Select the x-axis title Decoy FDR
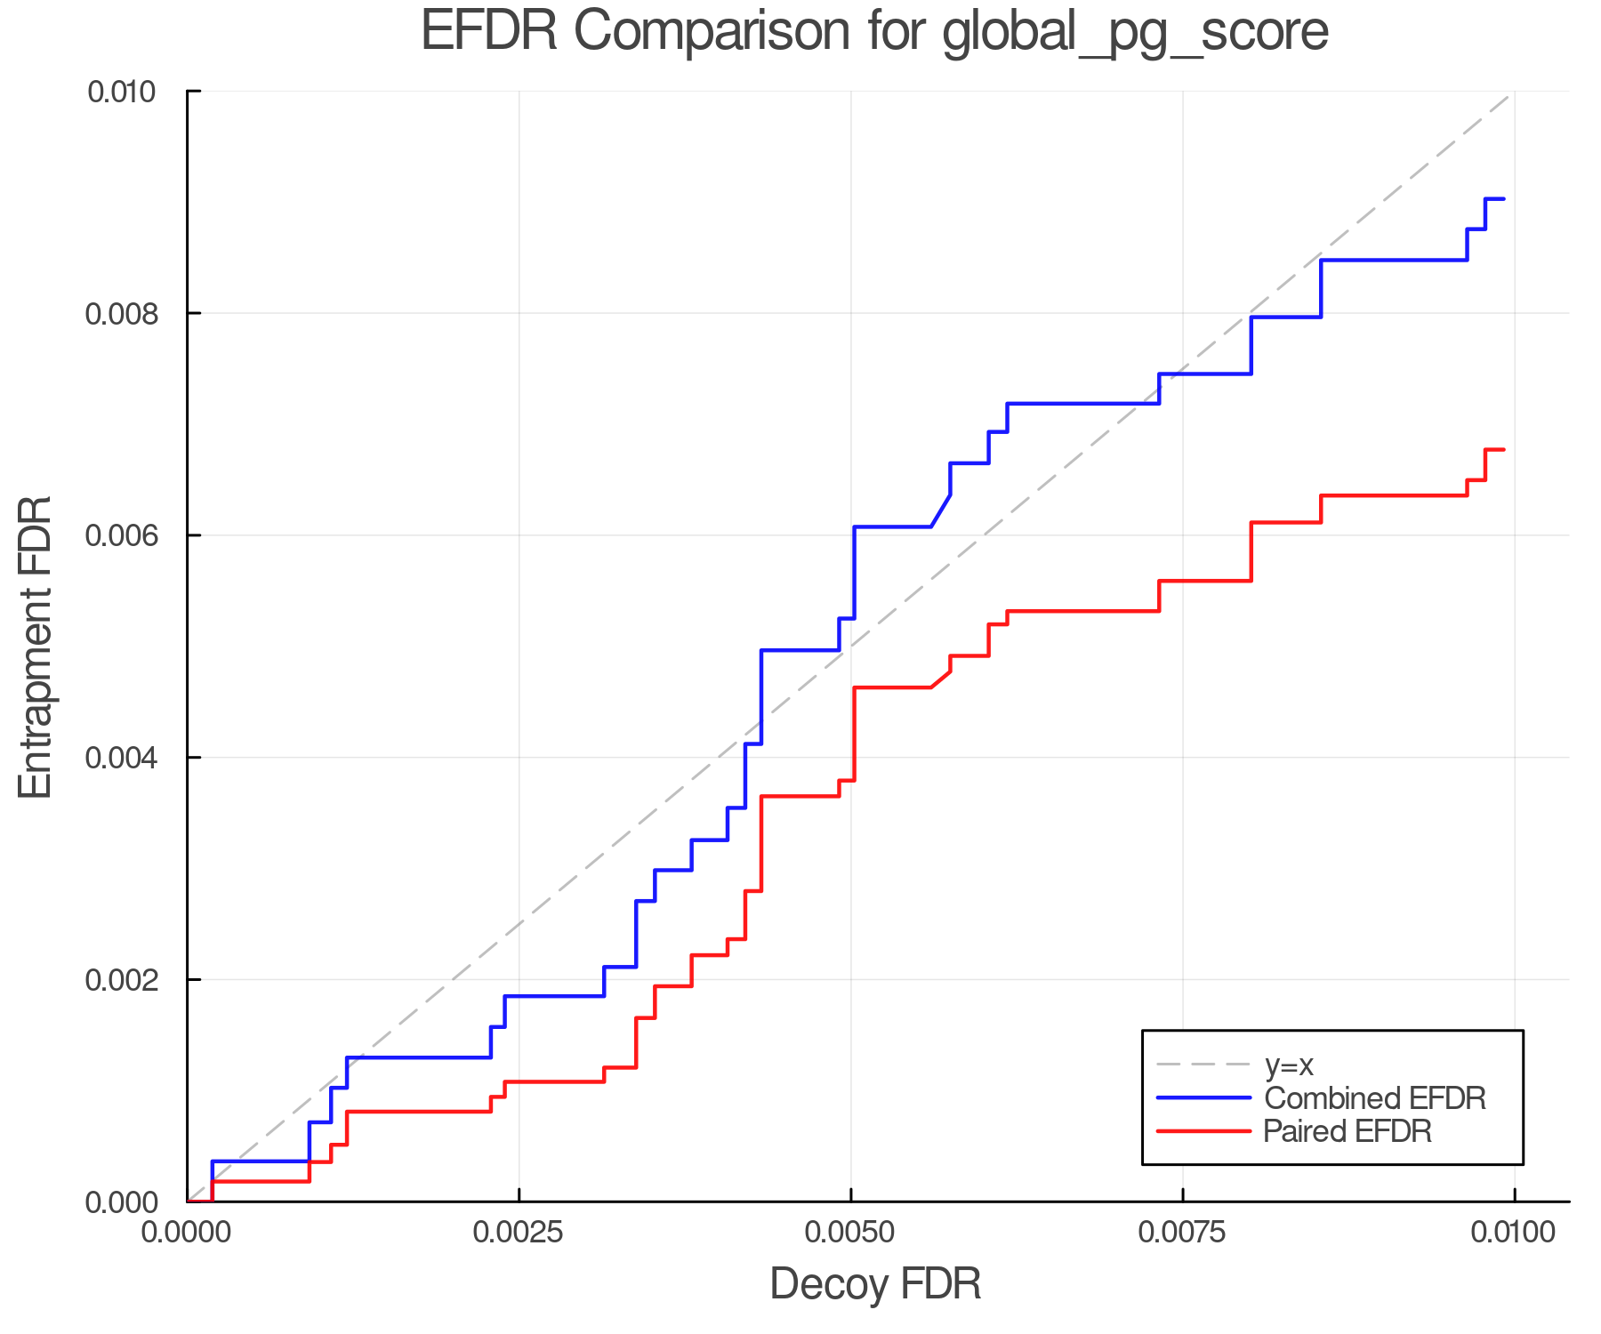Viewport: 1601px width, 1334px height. [x=875, y=1283]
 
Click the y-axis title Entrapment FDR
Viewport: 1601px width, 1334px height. [x=36, y=647]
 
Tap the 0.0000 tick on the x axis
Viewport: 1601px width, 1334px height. [x=187, y=1233]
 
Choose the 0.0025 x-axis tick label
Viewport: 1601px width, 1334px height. [x=519, y=1233]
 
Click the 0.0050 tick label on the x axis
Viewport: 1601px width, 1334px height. [x=851, y=1233]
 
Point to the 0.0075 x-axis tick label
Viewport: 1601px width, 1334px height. [x=1183, y=1233]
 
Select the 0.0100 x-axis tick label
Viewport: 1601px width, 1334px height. [x=1515, y=1233]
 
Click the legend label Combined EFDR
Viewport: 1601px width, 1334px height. [x=1375, y=1098]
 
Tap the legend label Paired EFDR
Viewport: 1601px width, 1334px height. [x=1348, y=1131]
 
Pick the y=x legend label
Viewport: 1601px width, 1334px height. [x=1289, y=1065]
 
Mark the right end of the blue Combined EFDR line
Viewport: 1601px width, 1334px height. [x=1503, y=199]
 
